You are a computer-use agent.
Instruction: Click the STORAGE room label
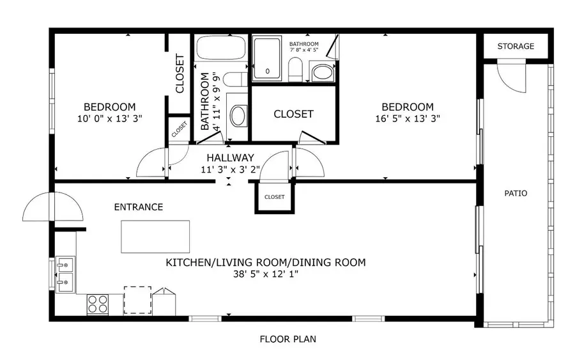point(516,46)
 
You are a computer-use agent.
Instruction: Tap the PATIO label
point(516,193)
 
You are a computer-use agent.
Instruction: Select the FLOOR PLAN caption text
point(287,339)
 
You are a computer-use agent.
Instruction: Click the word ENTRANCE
point(139,207)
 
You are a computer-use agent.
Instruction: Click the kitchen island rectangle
point(156,237)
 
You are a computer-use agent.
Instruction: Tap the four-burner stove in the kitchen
point(97,303)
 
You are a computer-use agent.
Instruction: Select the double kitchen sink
point(65,274)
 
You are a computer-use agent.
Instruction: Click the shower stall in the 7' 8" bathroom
point(268,58)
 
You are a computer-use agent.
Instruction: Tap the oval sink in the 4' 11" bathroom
point(238,116)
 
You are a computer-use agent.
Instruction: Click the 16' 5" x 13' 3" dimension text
point(408,118)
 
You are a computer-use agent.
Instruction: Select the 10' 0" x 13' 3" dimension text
point(110,118)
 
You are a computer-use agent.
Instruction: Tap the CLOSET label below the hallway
point(274,197)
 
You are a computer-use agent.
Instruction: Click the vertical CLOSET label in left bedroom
point(180,74)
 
